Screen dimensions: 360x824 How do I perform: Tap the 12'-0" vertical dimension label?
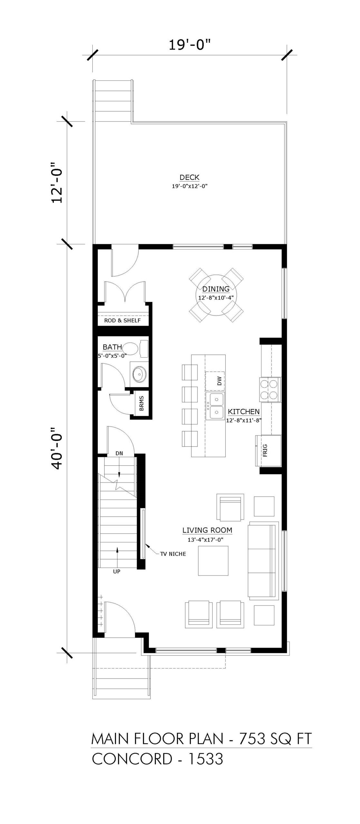(57, 182)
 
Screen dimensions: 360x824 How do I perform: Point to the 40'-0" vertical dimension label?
(57, 448)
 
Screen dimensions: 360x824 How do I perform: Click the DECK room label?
(189, 177)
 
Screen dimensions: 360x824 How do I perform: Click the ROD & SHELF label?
(122, 321)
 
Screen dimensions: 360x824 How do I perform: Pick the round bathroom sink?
(139, 374)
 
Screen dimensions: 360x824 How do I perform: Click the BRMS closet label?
(142, 403)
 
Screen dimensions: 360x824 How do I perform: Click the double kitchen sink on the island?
(215, 406)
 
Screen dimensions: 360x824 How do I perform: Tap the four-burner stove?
(269, 389)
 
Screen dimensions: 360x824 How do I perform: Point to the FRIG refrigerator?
(268, 451)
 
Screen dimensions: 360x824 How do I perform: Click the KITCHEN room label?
(244, 411)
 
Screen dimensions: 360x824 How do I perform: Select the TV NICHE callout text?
(173, 554)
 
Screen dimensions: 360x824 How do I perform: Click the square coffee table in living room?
(213, 560)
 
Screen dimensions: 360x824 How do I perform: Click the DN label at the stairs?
(119, 453)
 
